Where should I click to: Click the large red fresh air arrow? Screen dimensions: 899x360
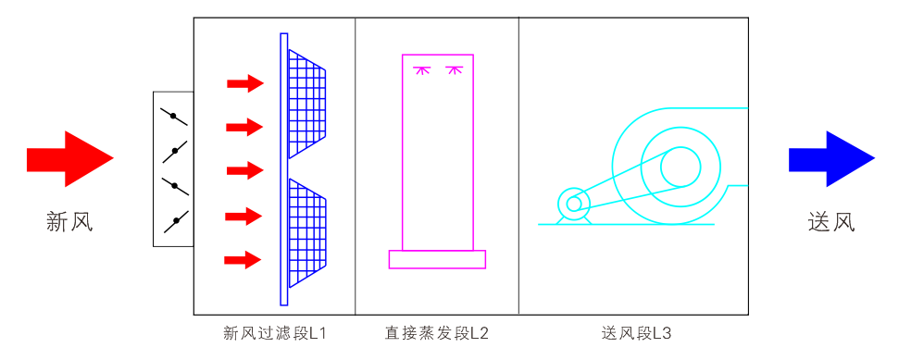click(69, 159)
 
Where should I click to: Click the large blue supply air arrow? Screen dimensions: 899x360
click(831, 159)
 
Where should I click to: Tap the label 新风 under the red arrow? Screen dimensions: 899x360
click(69, 222)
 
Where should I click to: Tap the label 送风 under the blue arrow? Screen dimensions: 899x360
click(831, 222)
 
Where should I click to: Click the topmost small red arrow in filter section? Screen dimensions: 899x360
click(245, 84)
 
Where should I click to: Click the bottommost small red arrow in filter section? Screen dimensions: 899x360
click(243, 260)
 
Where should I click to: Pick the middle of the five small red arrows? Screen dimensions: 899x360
click(245, 171)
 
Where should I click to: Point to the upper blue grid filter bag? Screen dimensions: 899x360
click(306, 103)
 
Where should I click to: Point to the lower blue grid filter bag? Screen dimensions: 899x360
click(306, 232)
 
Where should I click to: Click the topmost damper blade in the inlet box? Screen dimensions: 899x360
click(173, 117)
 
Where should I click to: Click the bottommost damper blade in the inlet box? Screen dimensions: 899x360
click(174, 221)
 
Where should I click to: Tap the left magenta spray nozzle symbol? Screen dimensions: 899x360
click(421, 69)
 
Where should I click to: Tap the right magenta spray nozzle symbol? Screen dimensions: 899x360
click(454, 69)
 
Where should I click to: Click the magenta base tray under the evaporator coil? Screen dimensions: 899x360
click(437, 259)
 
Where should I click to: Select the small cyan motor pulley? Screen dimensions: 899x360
click(574, 204)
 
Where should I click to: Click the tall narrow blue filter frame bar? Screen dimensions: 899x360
click(284, 169)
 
